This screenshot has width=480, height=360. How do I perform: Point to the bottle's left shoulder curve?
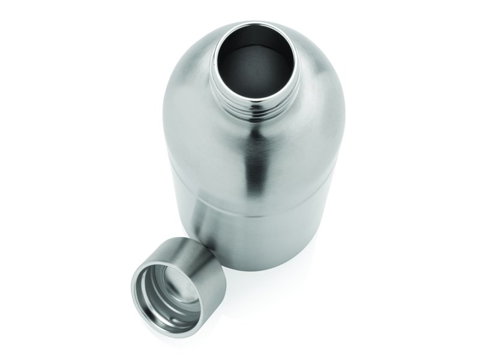coord(180,78)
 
